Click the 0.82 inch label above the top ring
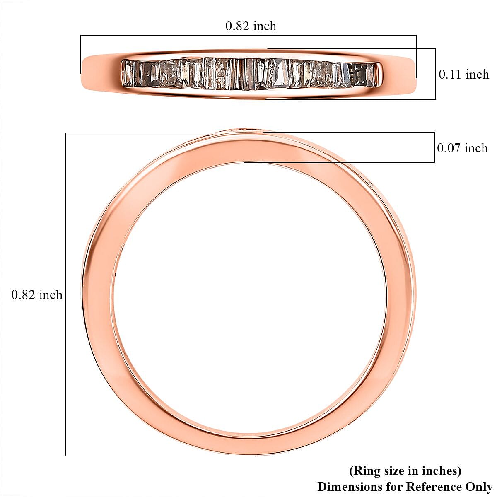[x=251, y=26]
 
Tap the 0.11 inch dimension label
[x=464, y=75]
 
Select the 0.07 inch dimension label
[x=463, y=148]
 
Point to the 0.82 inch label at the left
[x=37, y=295]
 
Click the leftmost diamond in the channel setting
[x=128, y=74]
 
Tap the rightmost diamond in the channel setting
[x=372, y=75]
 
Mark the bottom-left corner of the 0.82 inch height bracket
[x=66, y=456]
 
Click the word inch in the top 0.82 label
[x=264, y=26]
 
